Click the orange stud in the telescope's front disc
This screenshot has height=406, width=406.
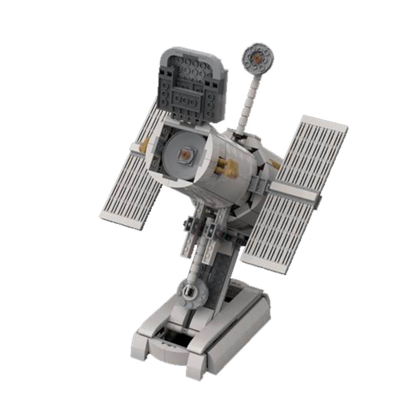[x=184, y=154]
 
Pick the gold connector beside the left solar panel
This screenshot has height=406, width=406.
[x=145, y=143]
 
